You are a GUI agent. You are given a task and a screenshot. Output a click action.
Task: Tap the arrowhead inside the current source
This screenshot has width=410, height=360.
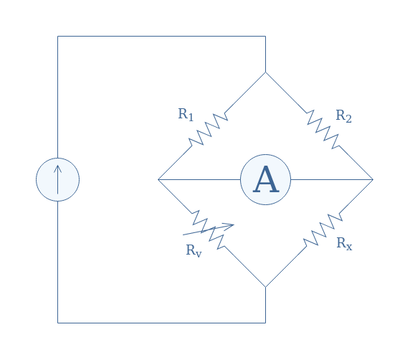point(58,169)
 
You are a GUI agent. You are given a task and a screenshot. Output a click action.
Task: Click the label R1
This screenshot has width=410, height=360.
point(186,115)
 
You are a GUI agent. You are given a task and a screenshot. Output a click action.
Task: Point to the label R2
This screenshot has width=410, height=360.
point(343,116)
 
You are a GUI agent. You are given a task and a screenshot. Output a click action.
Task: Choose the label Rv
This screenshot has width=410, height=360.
point(194,251)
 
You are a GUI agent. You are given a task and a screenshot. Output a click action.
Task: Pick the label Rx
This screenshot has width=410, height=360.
point(344,244)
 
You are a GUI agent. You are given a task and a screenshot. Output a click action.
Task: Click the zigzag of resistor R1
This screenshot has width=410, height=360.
point(208,130)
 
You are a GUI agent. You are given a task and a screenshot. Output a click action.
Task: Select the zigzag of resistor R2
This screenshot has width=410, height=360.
point(323,130)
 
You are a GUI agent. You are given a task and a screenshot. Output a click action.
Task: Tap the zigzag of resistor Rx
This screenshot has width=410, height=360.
point(323,229)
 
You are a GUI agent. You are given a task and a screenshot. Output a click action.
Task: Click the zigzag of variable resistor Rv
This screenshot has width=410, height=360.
point(208,229)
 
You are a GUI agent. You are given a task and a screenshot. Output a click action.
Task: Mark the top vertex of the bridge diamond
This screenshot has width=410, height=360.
point(265,72)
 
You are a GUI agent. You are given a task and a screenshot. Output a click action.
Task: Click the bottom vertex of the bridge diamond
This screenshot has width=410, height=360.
point(265,287)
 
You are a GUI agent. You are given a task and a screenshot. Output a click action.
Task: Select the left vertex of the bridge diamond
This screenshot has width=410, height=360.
point(158,179)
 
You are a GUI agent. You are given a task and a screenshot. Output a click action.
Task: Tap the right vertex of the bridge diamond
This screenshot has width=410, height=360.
point(373,179)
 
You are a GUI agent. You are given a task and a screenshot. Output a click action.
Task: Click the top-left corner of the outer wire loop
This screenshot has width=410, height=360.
point(58,36)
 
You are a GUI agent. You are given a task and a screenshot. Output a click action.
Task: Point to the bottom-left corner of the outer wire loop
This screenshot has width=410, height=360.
point(58,323)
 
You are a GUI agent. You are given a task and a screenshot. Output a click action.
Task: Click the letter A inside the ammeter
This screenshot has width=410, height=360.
point(266,179)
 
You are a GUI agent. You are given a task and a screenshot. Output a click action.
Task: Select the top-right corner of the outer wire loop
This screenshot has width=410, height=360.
point(265,36)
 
